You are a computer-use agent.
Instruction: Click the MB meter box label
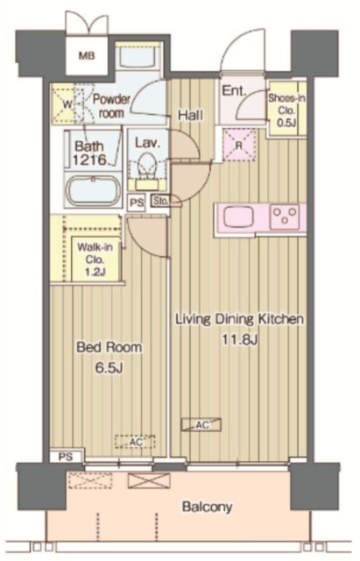(x=87, y=56)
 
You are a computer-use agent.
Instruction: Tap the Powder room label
(x=111, y=106)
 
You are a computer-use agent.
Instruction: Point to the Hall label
(x=191, y=115)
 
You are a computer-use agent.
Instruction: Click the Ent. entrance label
(x=234, y=90)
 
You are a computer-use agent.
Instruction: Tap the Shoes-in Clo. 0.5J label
(x=286, y=110)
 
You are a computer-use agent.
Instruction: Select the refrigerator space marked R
(x=239, y=146)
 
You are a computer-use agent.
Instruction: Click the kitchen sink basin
(x=238, y=217)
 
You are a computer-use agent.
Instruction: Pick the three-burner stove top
(x=285, y=217)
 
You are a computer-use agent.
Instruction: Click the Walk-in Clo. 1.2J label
(x=95, y=259)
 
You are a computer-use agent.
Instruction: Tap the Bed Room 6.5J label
(x=109, y=358)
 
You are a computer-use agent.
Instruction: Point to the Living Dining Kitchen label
(x=239, y=318)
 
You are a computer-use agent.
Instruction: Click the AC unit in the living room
(x=201, y=424)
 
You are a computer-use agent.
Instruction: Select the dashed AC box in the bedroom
(x=135, y=442)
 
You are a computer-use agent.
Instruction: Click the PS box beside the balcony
(x=67, y=457)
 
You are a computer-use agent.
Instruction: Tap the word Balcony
(x=207, y=507)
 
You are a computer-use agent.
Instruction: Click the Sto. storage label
(x=160, y=201)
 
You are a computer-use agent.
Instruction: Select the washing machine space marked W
(x=67, y=103)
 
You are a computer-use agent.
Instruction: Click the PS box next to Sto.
(x=137, y=202)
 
